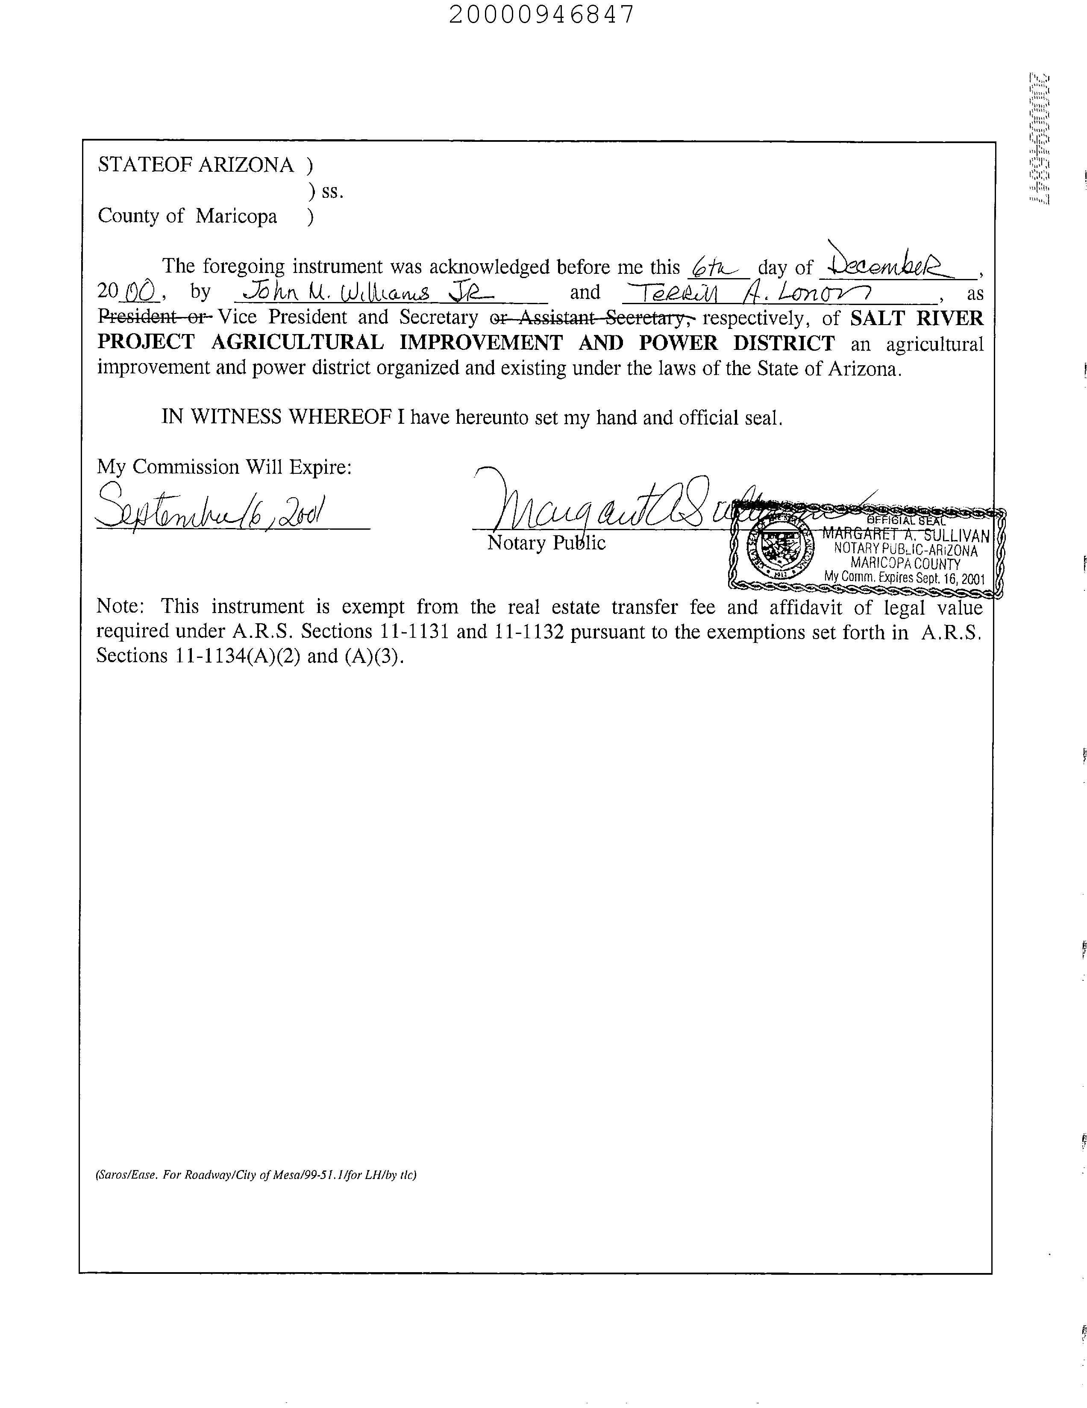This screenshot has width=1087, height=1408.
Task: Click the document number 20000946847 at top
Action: pyautogui.click(x=541, y=14)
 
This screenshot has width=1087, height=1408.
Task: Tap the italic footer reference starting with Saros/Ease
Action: pyautogui.click(x=256, y=1175)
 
